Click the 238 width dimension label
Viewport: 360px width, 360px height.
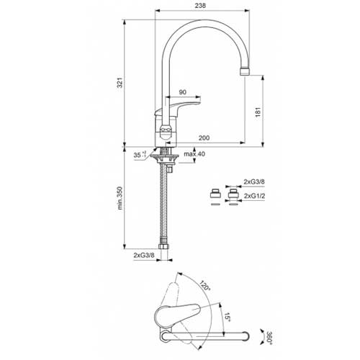200,6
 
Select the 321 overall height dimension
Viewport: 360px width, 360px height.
120,83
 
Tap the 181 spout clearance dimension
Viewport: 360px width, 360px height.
258,112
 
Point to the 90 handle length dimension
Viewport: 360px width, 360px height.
183,92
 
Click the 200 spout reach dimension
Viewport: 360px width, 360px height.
204,138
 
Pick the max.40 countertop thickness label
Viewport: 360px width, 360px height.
194,154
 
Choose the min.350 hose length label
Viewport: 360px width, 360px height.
120,198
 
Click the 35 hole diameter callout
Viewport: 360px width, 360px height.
140,155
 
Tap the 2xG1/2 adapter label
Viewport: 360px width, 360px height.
254,196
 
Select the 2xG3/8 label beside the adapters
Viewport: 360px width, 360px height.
254,181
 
